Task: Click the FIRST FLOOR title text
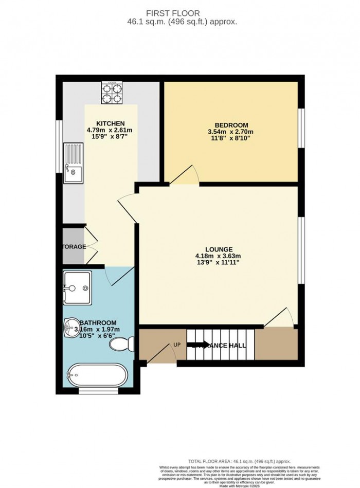179,13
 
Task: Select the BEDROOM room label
231,125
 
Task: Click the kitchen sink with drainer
74,164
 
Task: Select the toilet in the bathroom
122,344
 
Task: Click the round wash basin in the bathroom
70,326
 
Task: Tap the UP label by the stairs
176,344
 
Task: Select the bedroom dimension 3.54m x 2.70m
231,132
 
